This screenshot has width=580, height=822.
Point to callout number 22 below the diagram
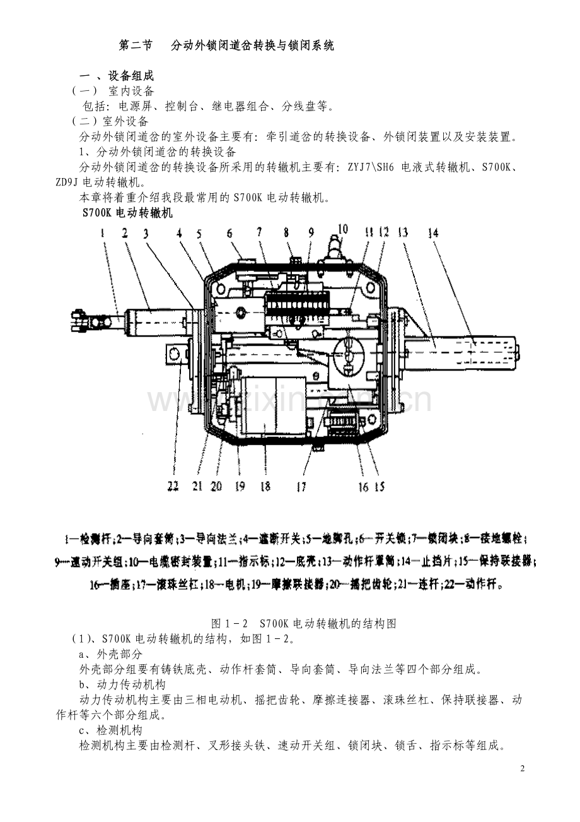(x=173, y=485)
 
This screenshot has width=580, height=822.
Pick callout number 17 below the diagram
(x=301, y=485)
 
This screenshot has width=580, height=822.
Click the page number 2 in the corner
(x=523, y=768)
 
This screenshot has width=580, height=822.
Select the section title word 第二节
(x=136, y=45)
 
